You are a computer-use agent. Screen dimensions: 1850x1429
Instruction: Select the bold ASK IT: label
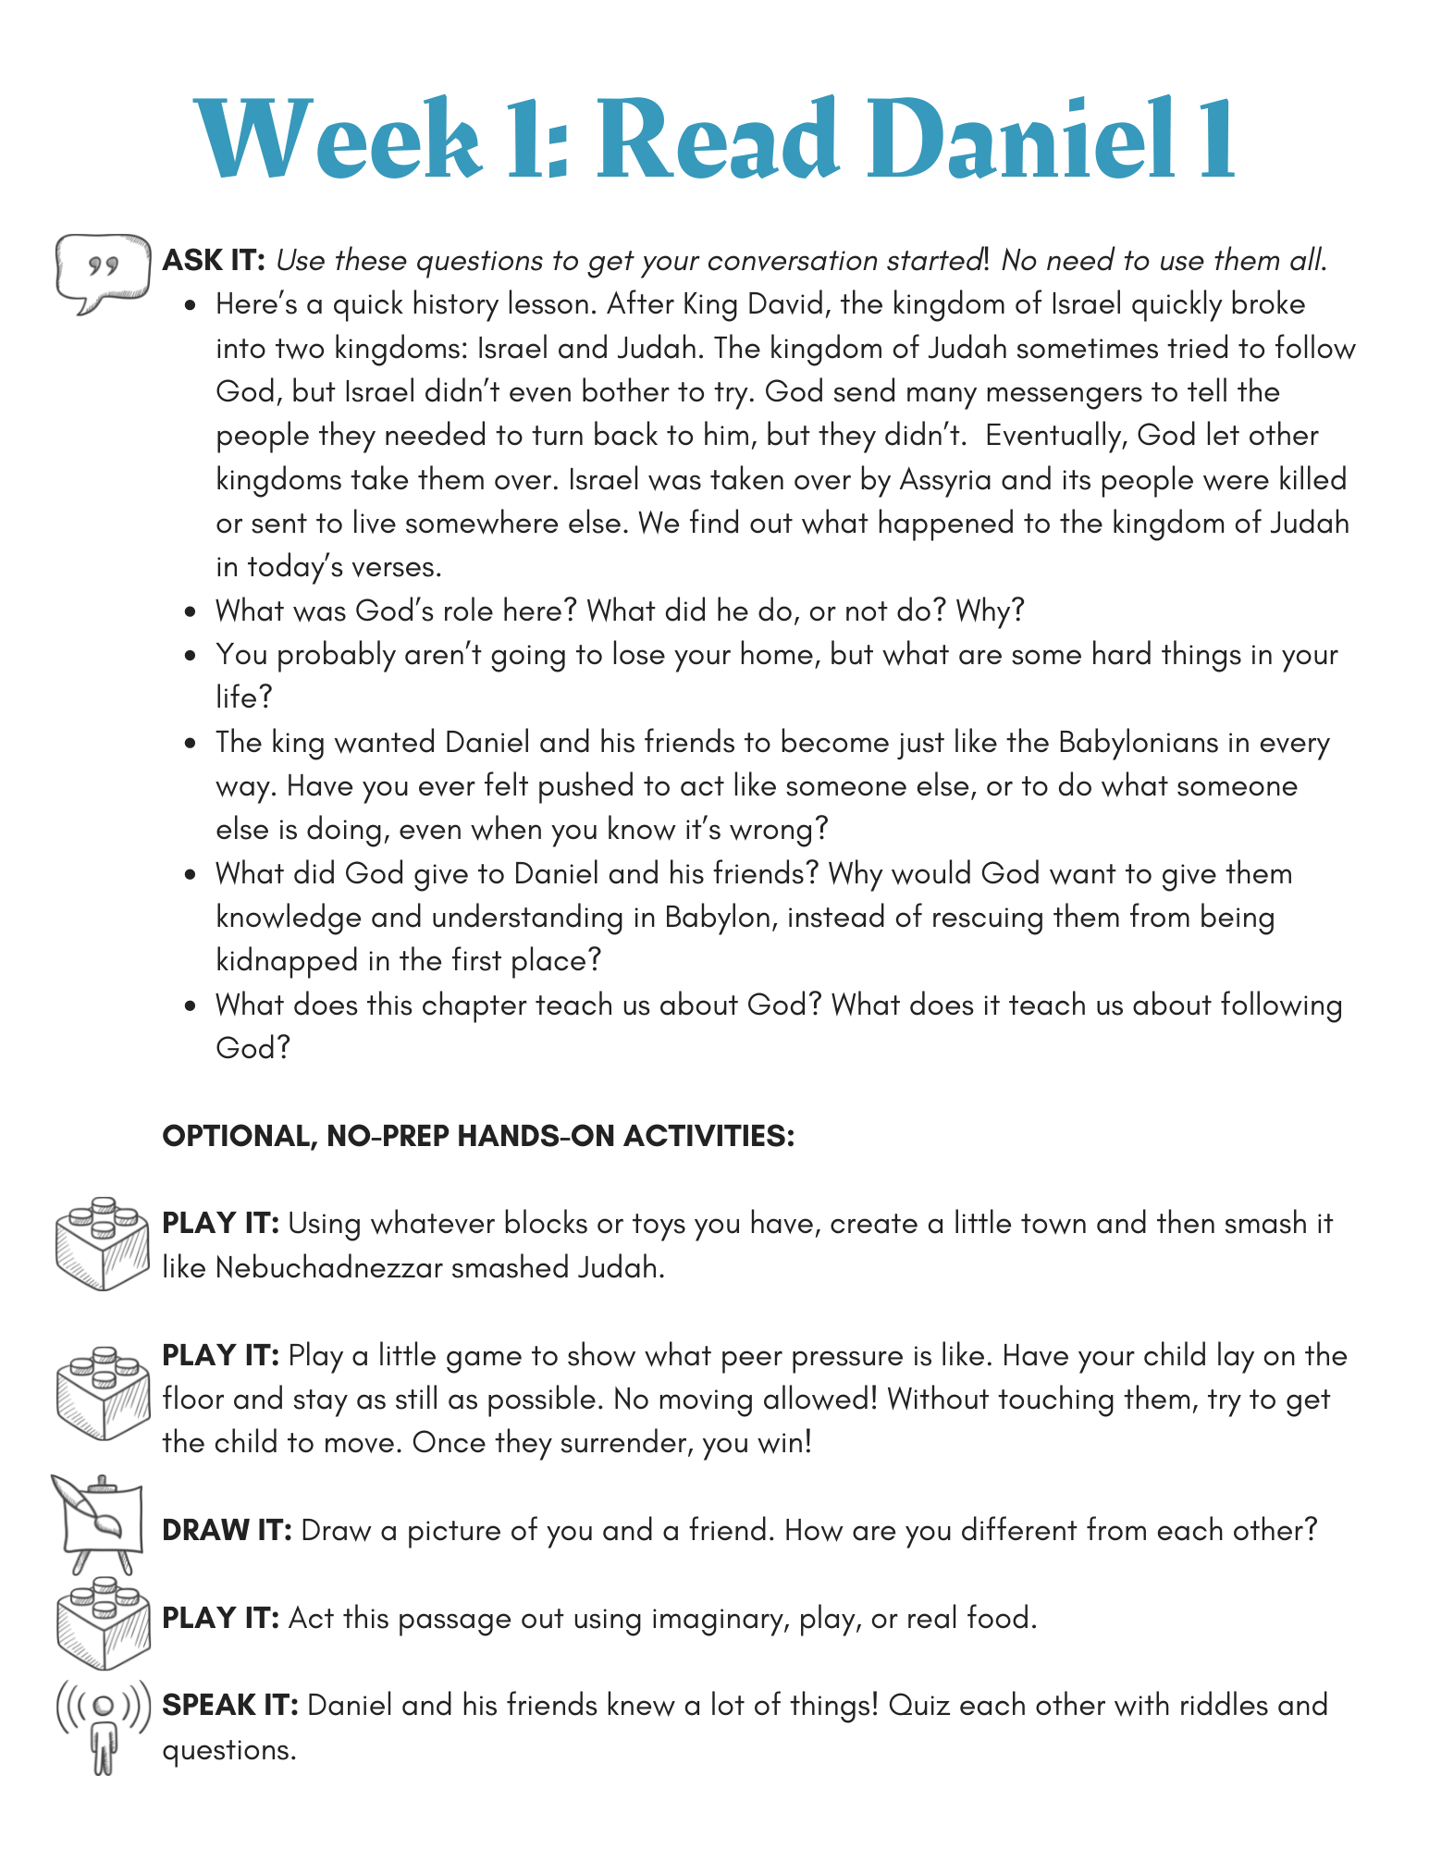pyautogui.click(x=215, y=261)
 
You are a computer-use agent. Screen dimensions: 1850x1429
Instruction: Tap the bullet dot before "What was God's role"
pyautogui.click(x=191, y=612)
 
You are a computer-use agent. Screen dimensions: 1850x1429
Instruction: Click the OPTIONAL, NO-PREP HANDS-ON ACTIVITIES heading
pyautogui.click(x=478, y=1136)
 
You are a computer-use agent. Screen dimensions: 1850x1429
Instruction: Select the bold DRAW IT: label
pyautogui.click(x=227, y=1531)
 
